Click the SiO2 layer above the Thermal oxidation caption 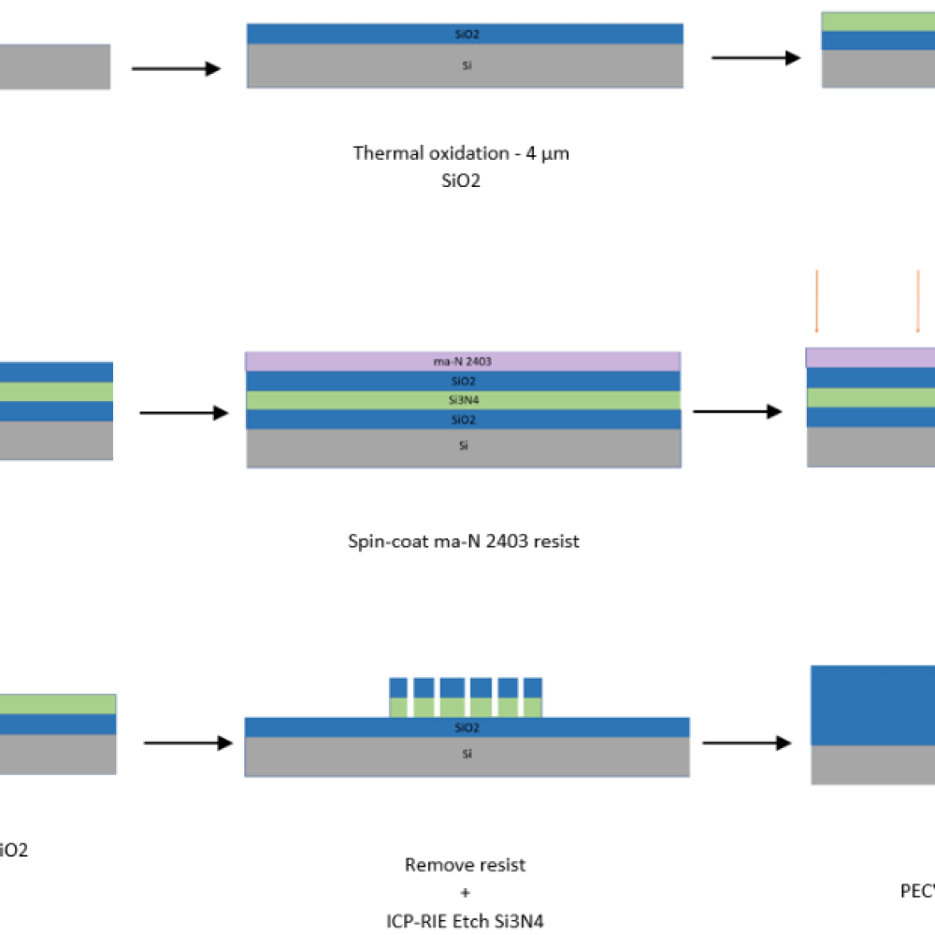(x=465, y=34)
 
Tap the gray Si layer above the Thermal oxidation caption (x=465, y=66)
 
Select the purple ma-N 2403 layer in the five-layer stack (x=463, y=362)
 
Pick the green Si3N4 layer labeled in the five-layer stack (x=463, y=400)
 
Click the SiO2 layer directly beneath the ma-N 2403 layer (x=463, y=381)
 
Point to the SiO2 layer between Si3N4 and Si (x=463, y=420)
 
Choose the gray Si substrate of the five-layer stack (x=463, y=447)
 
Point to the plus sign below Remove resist (x=465, y=893)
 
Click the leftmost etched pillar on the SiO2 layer (x=398, y=698)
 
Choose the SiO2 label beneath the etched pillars (x=467, y=727)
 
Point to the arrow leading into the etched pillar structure (x=188, y=742)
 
